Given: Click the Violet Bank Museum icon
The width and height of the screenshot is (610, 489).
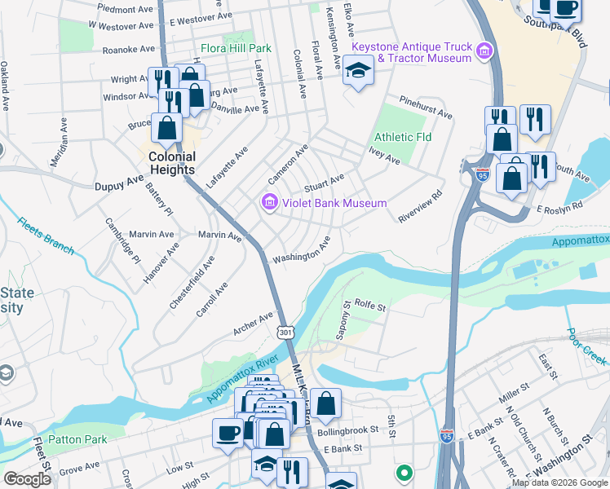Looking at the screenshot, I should pyautogui.click(x=269, y=202).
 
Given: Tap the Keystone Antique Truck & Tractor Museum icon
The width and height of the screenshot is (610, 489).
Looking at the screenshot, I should pyautogui.click(x=484, y=53).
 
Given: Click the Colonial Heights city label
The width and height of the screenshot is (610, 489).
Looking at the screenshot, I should pyautogui.click(x=171, y=163).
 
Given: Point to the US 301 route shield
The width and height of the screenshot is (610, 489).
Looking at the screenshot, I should pyautogui.click(x=285, y=333).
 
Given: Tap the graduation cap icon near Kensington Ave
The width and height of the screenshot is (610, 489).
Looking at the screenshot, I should pyautogui.click(x=358, y=73).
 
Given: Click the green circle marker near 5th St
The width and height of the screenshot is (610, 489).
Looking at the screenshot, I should pyautogui.click(x=403, y=472).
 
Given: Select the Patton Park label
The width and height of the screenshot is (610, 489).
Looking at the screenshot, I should pyautogui.click(x=77, y=439).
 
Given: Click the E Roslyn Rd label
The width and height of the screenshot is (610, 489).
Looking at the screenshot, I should pyautogui.click(x=559, y=206).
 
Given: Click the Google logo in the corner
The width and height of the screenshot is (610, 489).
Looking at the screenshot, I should pyautogui.click(x=27, y=479).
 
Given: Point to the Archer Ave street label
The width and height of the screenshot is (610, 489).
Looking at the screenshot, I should pyautogui.click(x=254, y=322).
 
